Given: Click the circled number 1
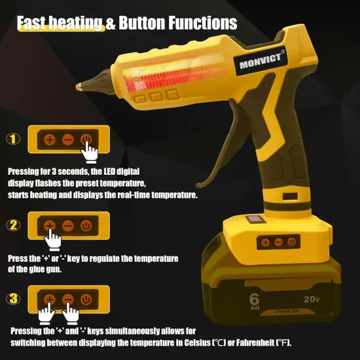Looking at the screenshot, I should coord(14,139).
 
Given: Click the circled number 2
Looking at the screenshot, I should coord(14,225).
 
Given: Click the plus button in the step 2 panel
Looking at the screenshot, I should coord(50,225).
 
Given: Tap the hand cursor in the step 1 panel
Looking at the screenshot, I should coord(90,152).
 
